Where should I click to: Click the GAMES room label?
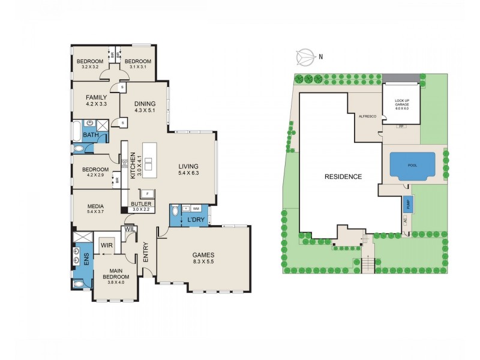tap(204, 254)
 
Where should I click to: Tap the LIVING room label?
tap(188, 166)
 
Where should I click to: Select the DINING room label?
tap(145, 103)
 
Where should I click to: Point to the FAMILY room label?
tap(96, 97)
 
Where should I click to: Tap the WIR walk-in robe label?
tap(107, 245)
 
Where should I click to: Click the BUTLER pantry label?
tap(142, 204)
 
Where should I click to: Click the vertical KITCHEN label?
tap(133, 166)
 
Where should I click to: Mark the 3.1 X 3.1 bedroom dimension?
tap(137, 67)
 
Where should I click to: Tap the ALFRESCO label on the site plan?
tap(367, 116)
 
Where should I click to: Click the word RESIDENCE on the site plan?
tap(343, 176)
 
